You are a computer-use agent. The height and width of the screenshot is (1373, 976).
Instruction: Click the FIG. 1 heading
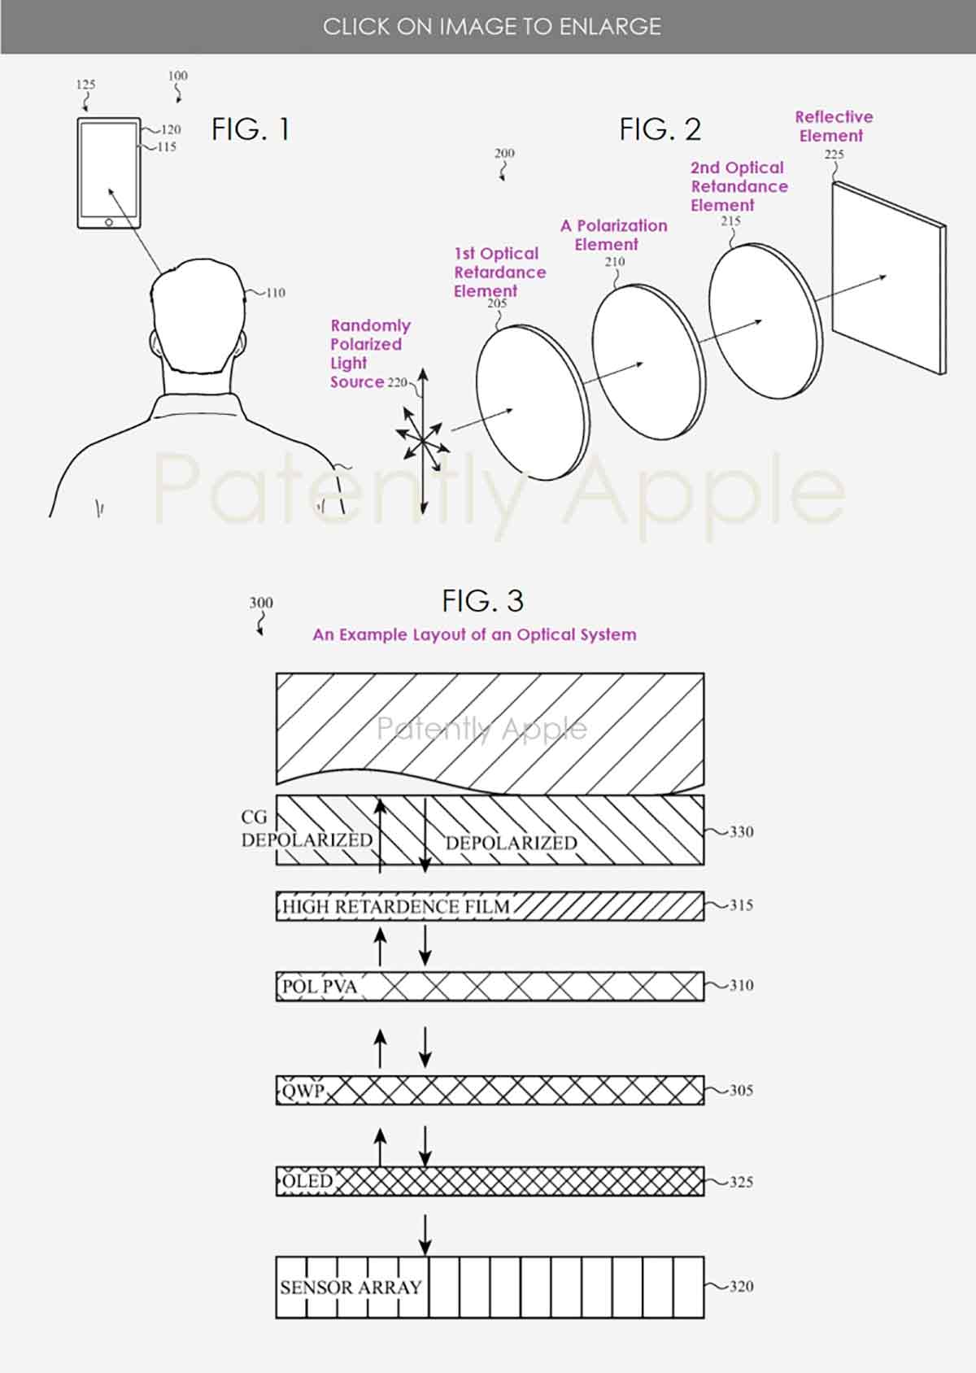click(x=250, y=129)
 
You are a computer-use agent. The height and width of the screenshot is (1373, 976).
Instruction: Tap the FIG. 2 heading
click(x=660, y=129)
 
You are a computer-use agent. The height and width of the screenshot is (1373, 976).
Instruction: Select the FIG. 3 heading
click(x=482, y=601)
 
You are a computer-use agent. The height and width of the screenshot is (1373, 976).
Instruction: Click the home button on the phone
click(x=109, y=222)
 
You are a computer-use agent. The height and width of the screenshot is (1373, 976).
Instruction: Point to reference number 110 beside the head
click(x=276, y=293)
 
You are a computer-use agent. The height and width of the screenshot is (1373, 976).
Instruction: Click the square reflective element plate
click(x=887, y=277)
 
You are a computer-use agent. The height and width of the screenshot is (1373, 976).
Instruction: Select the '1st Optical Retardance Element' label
click(x=498, y=272)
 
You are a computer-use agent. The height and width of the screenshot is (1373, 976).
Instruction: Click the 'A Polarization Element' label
click(x=612, y=234)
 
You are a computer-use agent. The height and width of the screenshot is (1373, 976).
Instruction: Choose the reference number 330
click(x=741, y=831)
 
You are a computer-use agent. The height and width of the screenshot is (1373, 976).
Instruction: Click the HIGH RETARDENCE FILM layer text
click(x=396, y=906)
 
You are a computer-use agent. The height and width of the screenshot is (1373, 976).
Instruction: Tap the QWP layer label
click(x=303, y=1090)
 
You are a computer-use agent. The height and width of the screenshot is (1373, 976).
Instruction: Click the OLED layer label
click(x=308, y=1181)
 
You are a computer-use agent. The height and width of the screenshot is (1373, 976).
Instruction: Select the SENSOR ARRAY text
click(x=351, y=1287)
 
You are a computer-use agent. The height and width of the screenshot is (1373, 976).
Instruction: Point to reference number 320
click(x=741, y=1286)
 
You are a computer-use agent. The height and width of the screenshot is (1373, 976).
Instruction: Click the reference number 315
click(x=741, y=904)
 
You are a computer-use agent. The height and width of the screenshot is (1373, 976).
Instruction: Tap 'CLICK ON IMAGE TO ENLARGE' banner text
click(x=491, y=27)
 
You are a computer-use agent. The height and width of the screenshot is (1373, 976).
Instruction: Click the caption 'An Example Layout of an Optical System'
click(x=474, y=634)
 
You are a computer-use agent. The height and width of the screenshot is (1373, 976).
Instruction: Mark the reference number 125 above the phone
click(x=85, y=85)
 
